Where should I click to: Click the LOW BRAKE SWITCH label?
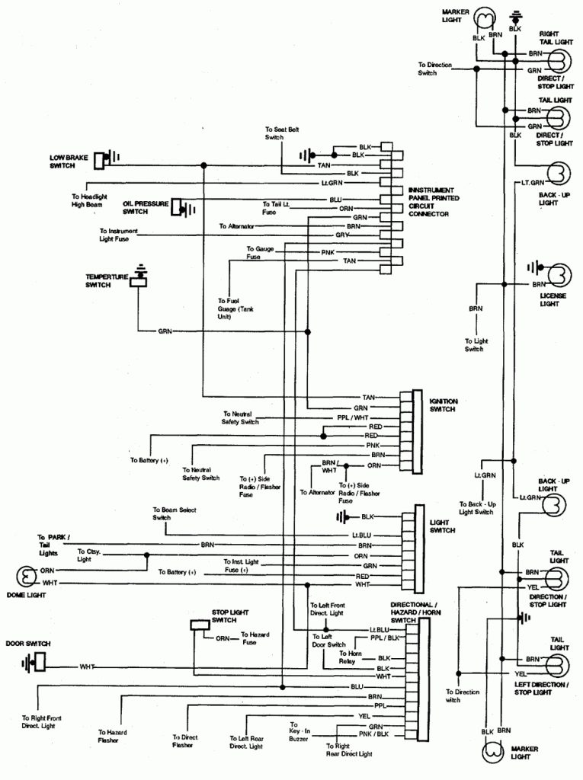(x=68, y=161)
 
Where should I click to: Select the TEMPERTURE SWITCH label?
(x=107, y=280)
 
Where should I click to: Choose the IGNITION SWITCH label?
(x=442, y=404)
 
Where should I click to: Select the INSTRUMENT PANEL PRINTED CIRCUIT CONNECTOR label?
(x=431, y=202)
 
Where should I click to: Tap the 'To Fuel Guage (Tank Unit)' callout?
(x=234, y=308)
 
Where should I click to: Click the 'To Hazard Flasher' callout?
(x=112, y=735)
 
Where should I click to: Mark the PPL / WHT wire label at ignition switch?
(x=351, y=418)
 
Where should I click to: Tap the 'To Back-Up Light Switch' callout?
(x=477, y=508)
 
